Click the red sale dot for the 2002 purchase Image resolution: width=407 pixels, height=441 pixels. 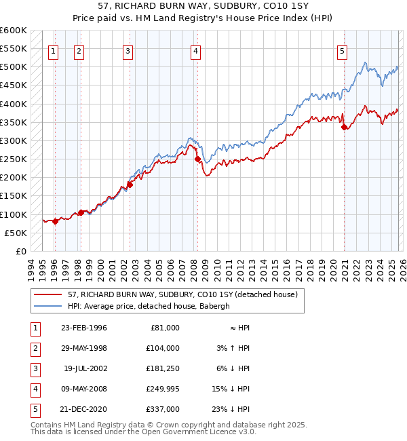coord(129,185)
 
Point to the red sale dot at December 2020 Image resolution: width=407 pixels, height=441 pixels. coord(344,127)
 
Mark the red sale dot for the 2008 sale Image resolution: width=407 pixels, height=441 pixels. coord(197,159)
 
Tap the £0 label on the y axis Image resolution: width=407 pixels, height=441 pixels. coord(20,251)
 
